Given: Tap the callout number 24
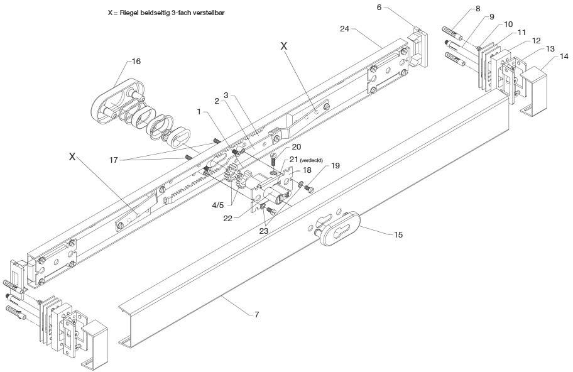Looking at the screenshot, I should (x=345, y=28).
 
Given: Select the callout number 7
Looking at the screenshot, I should (x=256, y=313).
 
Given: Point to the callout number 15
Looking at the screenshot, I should (x=398, y=234).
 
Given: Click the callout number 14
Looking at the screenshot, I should (x=564, y=57).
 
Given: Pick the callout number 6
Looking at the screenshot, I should (x=379, y=8).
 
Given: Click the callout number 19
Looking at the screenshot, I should (x=335, y=166).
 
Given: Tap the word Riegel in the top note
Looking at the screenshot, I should (x=129, y=12).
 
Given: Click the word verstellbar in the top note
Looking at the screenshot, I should (x=207, y=12).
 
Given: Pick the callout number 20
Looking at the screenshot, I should (x=296, y=147).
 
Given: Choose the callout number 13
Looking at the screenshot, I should (x=550, y=48).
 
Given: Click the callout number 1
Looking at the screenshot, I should (x=200, y=111).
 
